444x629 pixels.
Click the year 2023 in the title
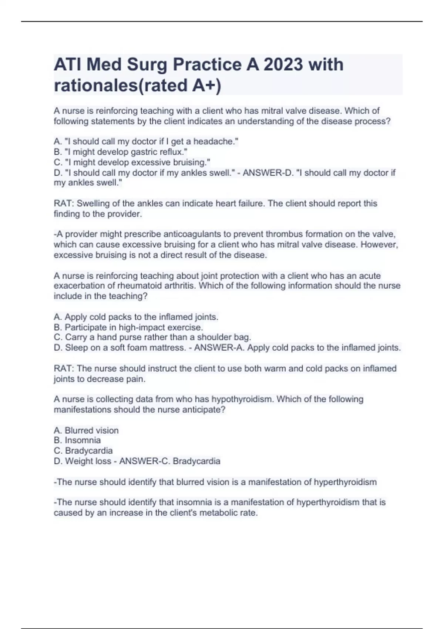pos(283,65)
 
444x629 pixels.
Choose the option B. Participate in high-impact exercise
pos(128,327)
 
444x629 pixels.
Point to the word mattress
pos(166,348)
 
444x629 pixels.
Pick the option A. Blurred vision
pos(86,430)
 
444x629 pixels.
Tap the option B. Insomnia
pos(77,440)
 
